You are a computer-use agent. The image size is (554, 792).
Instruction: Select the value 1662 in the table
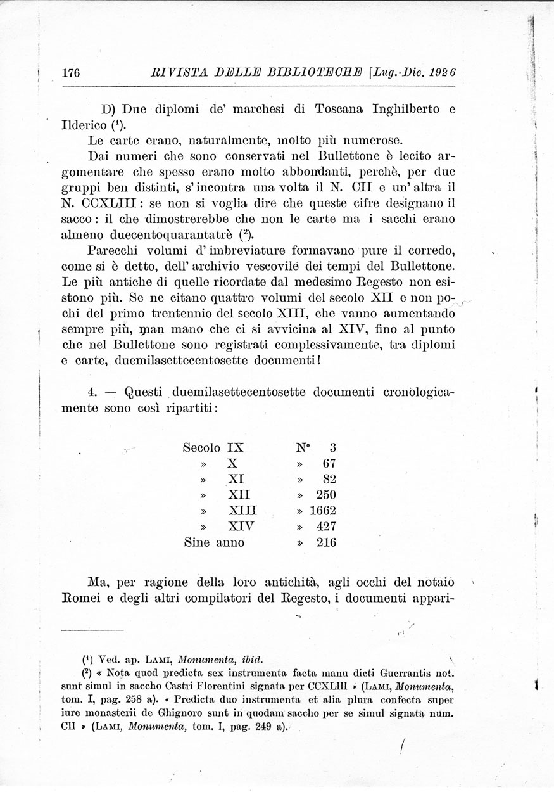tap(323, 511)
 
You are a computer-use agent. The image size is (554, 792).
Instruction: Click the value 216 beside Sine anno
tap(325, 542)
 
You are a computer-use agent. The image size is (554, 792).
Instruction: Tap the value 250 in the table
tap(325, 495)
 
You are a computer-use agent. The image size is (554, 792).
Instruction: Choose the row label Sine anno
tap(213, 542)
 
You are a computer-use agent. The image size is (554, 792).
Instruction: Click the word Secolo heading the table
tap(201, 447)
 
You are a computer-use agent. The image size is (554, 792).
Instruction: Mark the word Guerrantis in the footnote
tap(405, 672)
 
